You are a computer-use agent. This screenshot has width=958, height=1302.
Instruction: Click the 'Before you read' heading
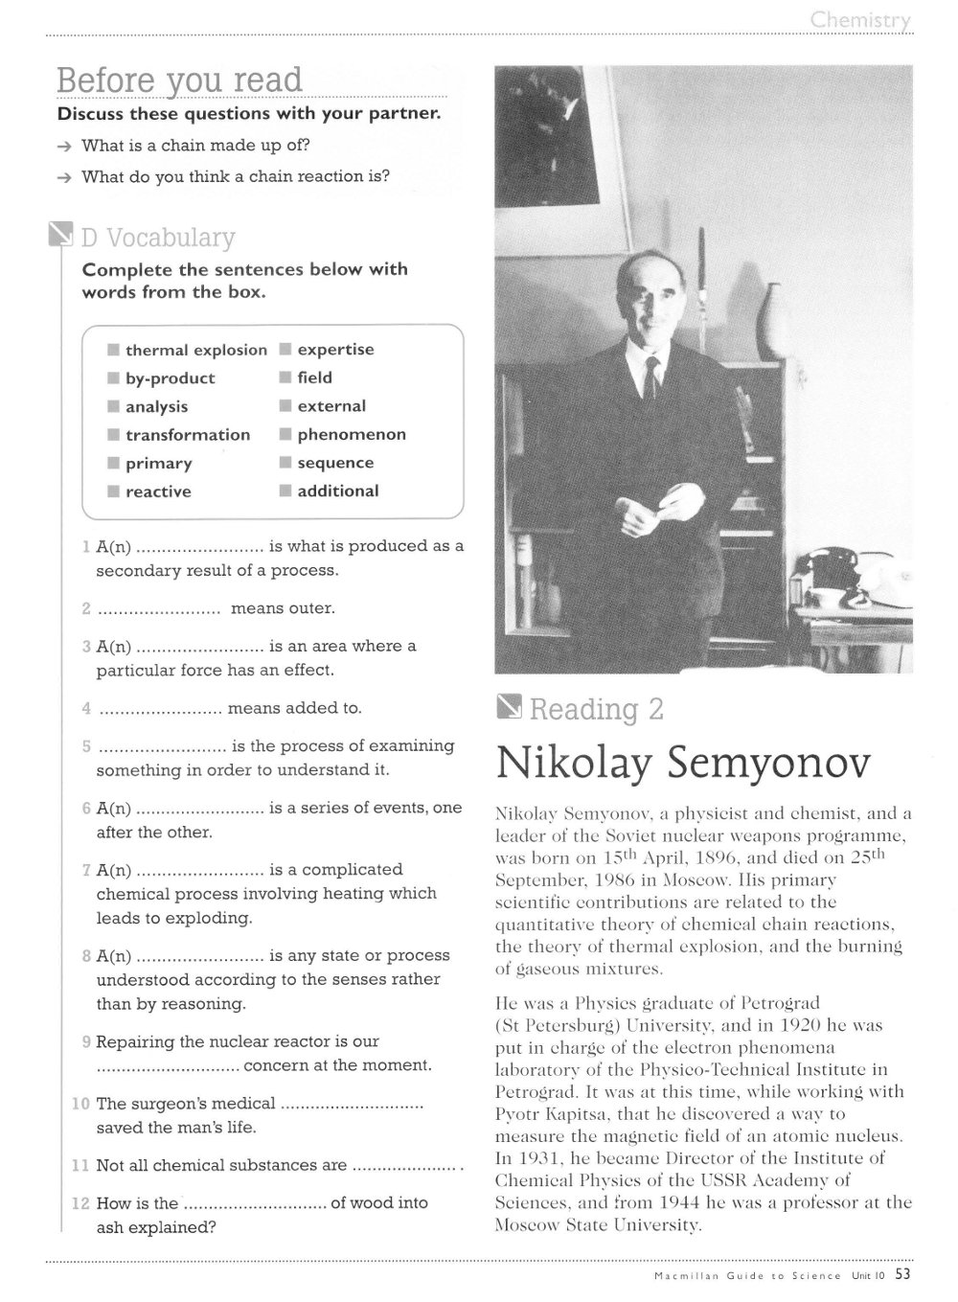point(179,80)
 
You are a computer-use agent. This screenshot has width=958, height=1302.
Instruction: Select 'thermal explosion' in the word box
point(195,351)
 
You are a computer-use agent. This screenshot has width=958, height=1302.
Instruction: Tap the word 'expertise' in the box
point(335,350)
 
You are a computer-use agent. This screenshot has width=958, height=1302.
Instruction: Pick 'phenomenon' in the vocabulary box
point(352,435)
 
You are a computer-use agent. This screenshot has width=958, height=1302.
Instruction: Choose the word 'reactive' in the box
point(158,492)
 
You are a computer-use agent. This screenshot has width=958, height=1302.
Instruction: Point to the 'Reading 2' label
point(596,710)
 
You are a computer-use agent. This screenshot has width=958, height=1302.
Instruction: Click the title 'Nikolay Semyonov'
point(684,764)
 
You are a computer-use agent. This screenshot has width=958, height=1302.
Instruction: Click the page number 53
point(903,1274)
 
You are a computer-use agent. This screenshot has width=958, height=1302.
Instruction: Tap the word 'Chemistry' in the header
point(860,20)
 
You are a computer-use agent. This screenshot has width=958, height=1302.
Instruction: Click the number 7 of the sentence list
point(86,871)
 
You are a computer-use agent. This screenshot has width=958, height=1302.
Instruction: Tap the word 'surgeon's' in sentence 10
point(166,1104)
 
